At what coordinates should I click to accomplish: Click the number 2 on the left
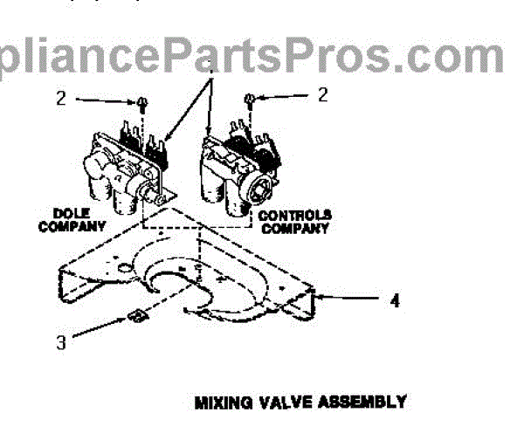[60, 99]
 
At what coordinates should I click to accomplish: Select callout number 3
[60, 343]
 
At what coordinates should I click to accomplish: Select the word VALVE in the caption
[281, 402]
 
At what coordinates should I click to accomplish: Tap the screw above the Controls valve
[250, 100]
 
